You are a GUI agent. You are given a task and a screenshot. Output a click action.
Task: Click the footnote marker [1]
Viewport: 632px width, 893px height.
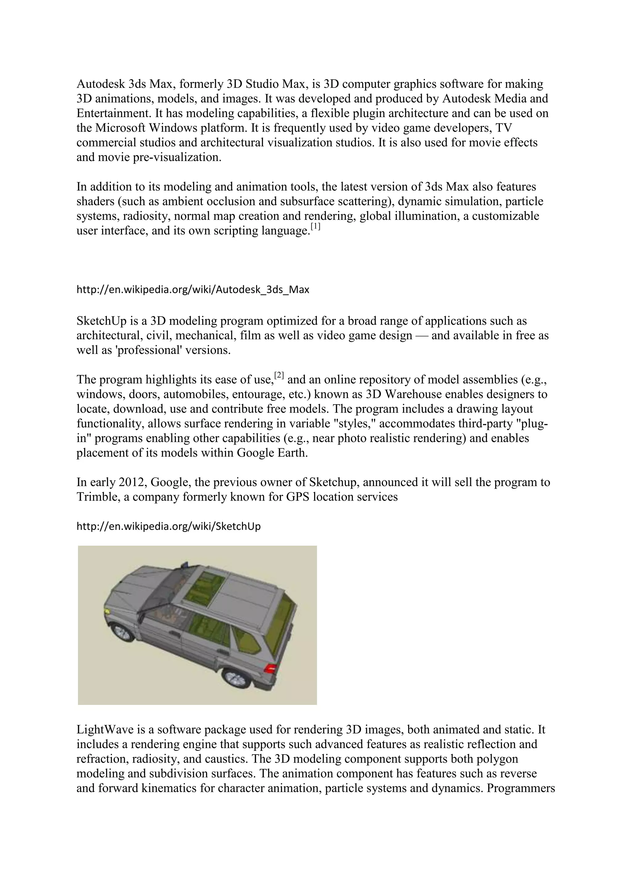315,227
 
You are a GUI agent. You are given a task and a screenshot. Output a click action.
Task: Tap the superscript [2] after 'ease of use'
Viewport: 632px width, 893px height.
279,375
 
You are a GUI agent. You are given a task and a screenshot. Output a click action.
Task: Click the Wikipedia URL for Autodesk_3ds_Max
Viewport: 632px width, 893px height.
193,290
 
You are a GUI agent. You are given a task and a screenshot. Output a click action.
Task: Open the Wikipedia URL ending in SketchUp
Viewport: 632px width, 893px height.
168,526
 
